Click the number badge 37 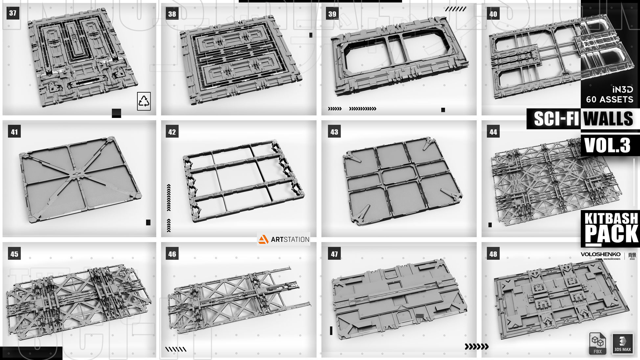coord(12,13)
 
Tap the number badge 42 coord(172,132)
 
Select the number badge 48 coord(493,254)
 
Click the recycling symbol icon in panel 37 coord(144,101)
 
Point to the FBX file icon coord(597,343)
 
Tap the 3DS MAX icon coord(622,343)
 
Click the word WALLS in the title coord(608,119)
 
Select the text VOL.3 coord(607,145)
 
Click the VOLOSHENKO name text coord(600,254)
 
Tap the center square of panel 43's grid coord(399,175)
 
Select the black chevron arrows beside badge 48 coord(476,346)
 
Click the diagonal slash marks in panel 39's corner coord(455,9)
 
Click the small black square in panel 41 coord(148,222)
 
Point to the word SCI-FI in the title coord(556,119)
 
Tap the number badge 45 coord(14,254)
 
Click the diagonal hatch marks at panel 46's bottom coord(176,349)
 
